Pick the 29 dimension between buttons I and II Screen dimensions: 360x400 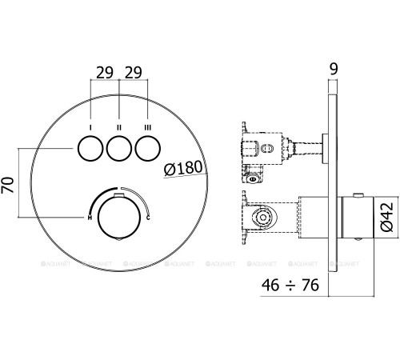click(x=104, y=71)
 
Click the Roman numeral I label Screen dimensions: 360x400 click(x=90, y=126)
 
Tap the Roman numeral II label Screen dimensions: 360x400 click(x=118, y=126)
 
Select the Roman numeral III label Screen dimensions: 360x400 click(x=146, y=126)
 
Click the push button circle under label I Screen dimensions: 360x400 click(x=90, y=149)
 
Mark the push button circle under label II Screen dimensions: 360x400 click(x=118, y=149)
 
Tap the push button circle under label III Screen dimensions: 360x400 click(x=146, y=149)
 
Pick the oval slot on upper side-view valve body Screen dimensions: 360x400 click(x=266, y=147)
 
